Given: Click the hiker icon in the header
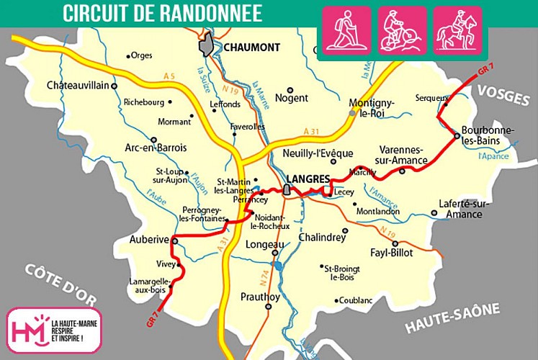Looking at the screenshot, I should [346, 31].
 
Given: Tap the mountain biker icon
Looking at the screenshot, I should [403, 31].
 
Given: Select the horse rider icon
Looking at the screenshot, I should [458, 31].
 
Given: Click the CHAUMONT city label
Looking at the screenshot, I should [251, 48].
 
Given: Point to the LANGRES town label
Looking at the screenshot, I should [308, 179].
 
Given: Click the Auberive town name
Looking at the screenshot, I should [149, 240].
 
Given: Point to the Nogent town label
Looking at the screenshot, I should [292, 98].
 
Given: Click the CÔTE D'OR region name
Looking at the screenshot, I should [57, 284].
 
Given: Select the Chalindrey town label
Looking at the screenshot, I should [322, 237].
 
